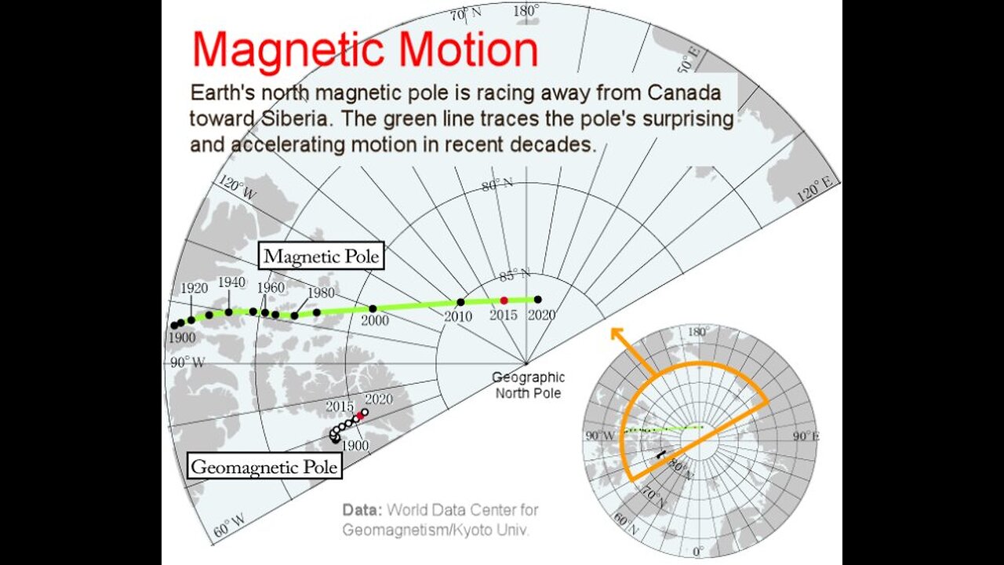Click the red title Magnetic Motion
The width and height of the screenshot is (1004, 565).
365,50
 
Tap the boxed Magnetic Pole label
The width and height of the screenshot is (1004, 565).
322,256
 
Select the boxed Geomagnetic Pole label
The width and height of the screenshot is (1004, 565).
266,467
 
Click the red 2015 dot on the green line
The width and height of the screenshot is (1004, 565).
504,300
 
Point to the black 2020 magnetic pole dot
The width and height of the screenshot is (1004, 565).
538,299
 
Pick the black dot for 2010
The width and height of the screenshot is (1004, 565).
460,302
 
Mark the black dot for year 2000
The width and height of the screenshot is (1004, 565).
373,308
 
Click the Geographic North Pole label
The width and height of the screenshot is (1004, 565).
527,385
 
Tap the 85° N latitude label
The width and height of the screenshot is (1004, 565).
515,275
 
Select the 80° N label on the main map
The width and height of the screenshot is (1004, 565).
497,185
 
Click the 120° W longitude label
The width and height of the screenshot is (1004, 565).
237,189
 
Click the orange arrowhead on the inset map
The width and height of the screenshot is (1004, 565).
617,334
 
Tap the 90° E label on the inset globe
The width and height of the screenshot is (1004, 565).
806,436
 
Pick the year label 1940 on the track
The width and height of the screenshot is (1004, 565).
231,282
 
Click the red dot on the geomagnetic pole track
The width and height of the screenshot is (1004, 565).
361,415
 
